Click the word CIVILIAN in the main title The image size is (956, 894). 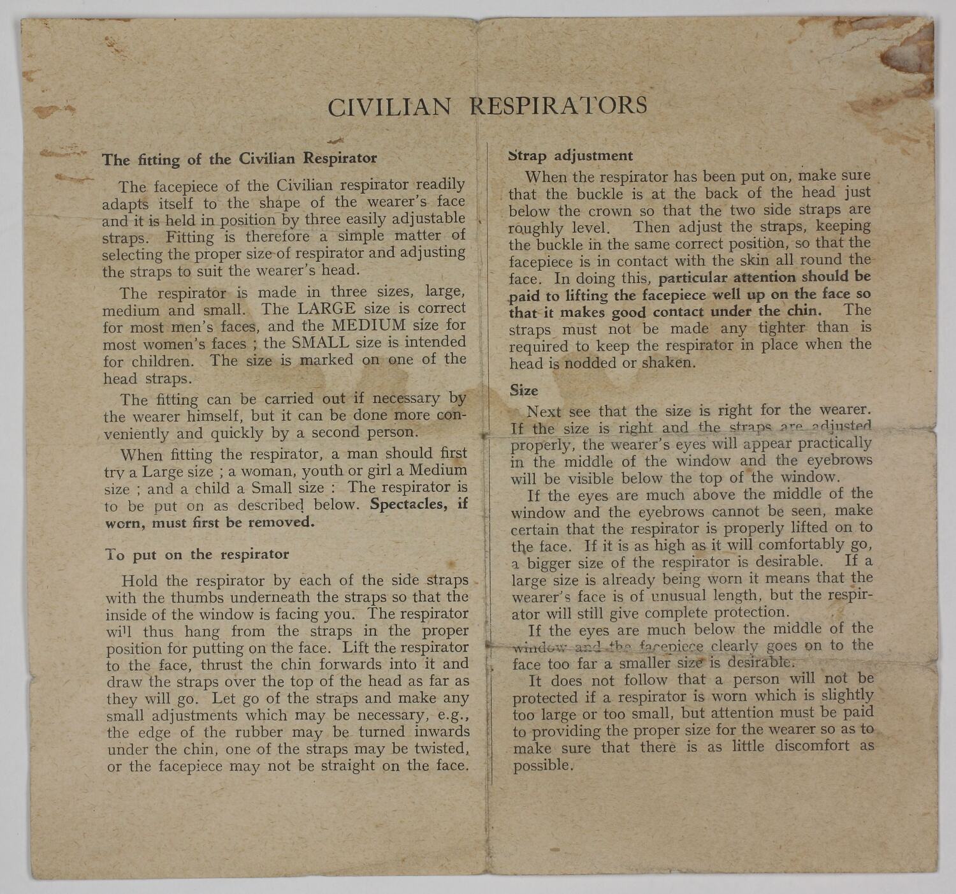click(x=388, y=106)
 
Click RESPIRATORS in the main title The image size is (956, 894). click(x=558, y=105)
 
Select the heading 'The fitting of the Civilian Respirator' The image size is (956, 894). click(x=240, y=159)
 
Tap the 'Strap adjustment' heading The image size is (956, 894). click(x=570, y=156)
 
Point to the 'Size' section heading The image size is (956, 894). click(x=524, y=390)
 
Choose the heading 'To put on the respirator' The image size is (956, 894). click(x=198, y=555)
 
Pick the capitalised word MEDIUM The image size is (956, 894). click(x=370, y=325)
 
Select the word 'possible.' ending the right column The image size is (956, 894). click(x=544, y=765)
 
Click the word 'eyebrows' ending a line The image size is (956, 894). click(x=841, y=460)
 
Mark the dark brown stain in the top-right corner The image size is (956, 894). click(x=905, y=54)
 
